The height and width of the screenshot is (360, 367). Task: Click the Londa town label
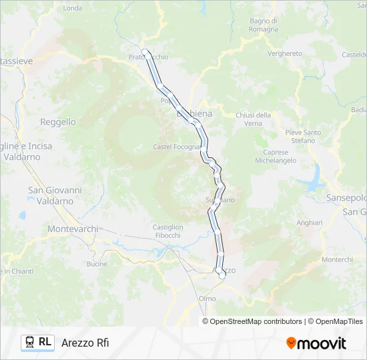(x=72, y=8)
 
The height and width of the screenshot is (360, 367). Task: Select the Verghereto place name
(x=284, y=53)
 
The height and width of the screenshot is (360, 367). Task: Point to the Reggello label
(x=58, y=122)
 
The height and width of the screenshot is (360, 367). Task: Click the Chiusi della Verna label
(x=253, y=119)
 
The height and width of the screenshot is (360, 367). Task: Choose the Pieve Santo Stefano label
(x=303, y=137)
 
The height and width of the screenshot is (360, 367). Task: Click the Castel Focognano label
(x=177, y=147)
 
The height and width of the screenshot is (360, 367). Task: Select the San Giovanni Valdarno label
(x=55, y=195)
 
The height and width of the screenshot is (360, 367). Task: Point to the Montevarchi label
(x=73, y=229)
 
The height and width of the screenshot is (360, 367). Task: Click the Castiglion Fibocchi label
(x=167, y=231)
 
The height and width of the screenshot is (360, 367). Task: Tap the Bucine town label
(x=97, y=264)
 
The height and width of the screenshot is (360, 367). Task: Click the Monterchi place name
(x=337, y=259)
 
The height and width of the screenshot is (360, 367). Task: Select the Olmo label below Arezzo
(x=207, y=299)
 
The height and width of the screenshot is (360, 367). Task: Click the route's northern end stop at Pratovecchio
(x=145, y=52)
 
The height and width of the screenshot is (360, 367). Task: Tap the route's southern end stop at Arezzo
(x=222, y=274)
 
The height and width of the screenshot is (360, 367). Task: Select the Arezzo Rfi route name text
(x=85, y=343)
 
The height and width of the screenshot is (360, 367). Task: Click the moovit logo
(x=316, y=343)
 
